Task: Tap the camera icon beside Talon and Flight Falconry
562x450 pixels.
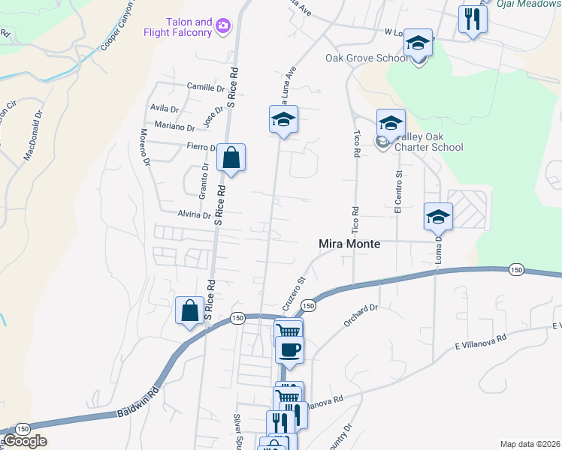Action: click(222, 27)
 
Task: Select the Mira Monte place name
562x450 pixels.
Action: click(349, 244)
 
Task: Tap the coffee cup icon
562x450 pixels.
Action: click(289, 349)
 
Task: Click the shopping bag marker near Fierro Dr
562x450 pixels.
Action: click(231, 158)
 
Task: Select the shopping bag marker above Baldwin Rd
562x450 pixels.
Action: click(190, 310)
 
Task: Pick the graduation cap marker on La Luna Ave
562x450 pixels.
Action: click(283, 119)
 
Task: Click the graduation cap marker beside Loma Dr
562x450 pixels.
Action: click(438, 217)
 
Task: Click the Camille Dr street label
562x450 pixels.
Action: click(195, 87)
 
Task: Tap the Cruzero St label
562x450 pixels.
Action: click(293, 295)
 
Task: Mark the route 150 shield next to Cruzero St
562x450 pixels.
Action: click(308, 305)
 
